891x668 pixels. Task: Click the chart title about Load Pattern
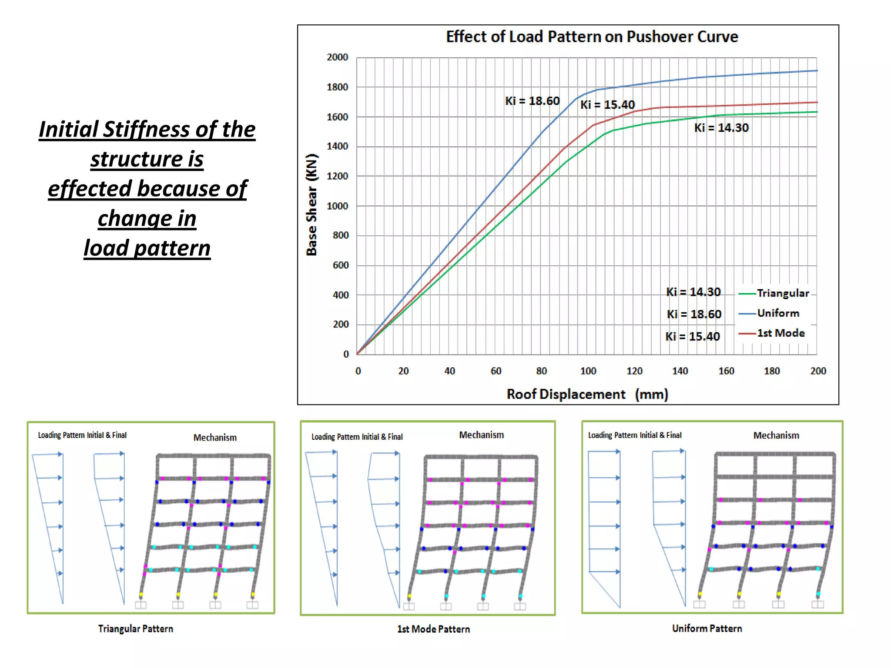(592, 37)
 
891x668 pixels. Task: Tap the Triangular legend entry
(782, 293)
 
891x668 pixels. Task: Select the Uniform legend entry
(778, 313)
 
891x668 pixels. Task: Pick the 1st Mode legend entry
(780, 333)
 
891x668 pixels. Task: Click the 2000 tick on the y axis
(337, 57)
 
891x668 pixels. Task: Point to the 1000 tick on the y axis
(337, 206)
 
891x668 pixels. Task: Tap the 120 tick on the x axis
(634, 371)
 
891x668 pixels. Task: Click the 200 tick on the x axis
(818, 371)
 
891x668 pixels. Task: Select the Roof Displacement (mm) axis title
(587, 394)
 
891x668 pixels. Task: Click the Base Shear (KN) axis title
(312, 205)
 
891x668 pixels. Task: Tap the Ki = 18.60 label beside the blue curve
(532, 101)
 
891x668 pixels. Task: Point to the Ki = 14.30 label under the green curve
(721, 128)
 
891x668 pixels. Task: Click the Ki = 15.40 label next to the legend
(693, 337)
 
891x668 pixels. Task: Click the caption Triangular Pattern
(135, 629)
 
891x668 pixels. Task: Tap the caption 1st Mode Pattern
(433, 629)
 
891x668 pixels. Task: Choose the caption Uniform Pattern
(707, 628)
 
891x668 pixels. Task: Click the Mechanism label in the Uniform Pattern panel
(776, 435)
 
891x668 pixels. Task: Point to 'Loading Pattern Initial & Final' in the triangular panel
(82, 435)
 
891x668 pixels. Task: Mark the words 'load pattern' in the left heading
(147, 248)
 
